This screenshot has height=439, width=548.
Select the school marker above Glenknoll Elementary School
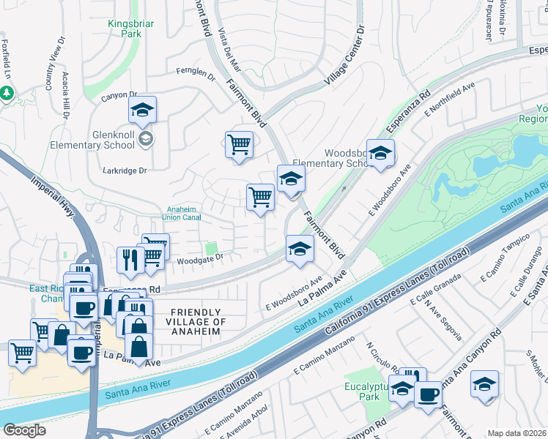click(x=143, y=111)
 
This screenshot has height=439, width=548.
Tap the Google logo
click(x=24, y=429)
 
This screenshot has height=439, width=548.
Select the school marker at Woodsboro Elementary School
click(x=380, y=154)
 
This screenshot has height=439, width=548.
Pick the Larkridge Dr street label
click(x=128, y=170)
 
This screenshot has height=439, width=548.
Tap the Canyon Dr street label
click(x=119, y=95)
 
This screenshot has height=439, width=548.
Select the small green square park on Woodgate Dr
click(x=212, y=249)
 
